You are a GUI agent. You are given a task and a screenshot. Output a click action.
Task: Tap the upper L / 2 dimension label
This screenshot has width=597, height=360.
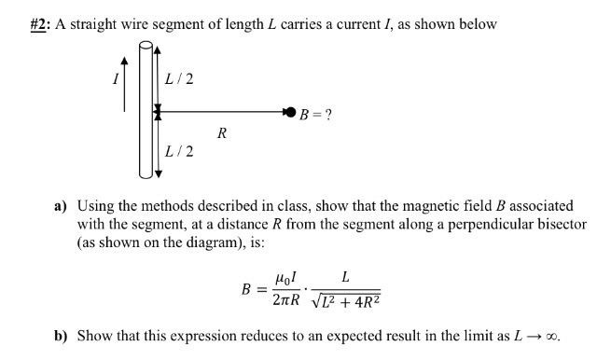[x=178, y=78]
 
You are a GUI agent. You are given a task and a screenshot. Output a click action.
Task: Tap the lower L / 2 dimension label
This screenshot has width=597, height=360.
[x=178, y=151]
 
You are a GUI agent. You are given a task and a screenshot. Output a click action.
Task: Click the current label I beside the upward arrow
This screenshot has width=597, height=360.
[x=116, y=79]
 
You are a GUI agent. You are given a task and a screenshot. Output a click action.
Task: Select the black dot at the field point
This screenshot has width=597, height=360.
[x=291, y=113]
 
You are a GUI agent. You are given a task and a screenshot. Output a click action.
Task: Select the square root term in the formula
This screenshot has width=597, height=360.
[x=348, y=301]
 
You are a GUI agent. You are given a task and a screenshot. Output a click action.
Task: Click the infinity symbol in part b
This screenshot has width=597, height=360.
[x=557, y=338]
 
